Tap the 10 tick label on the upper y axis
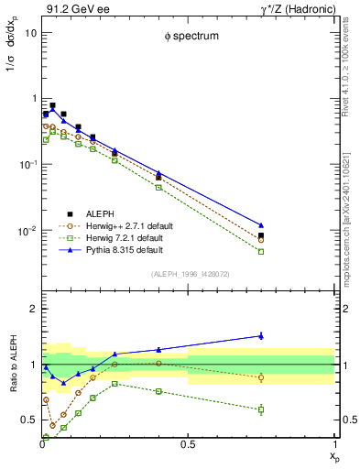(x=30, y=33)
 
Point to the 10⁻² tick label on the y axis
(x=27, y=231)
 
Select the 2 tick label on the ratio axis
(x=33, y=310)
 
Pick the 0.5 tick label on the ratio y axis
(x=29, y=420)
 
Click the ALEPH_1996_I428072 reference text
(x=189, y=274)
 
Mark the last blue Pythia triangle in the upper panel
(x=261, y=224)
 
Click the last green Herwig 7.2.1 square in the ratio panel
(x=261, y=409)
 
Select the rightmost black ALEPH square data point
(x=261, y=235)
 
